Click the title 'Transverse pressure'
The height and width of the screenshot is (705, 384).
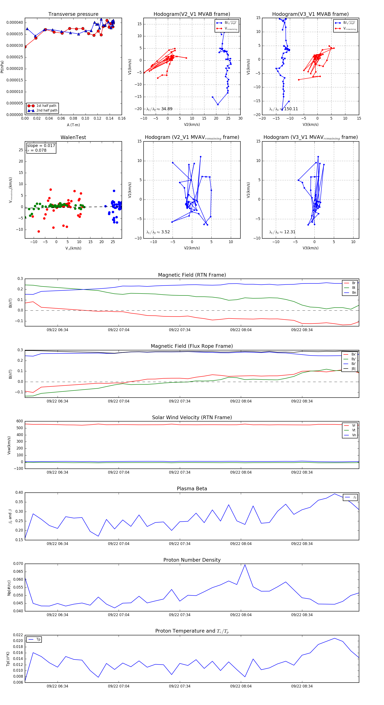point(73,14)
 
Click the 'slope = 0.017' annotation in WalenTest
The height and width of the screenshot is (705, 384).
point(41,146)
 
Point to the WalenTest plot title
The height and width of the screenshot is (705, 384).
point(73,137)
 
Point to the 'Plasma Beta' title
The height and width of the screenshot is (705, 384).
point(192,489)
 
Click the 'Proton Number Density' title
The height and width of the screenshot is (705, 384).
point(192,560)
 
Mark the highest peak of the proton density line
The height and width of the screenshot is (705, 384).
point(245,565)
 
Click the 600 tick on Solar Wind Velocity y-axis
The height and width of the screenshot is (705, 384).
point(20,421)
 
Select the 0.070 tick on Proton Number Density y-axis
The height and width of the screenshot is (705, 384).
point(18,564)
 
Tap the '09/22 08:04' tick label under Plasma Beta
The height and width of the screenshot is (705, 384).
point(241,544)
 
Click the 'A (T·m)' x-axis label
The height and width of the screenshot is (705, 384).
point(73,125)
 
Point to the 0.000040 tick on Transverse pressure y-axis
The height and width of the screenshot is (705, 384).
point(15,22)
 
